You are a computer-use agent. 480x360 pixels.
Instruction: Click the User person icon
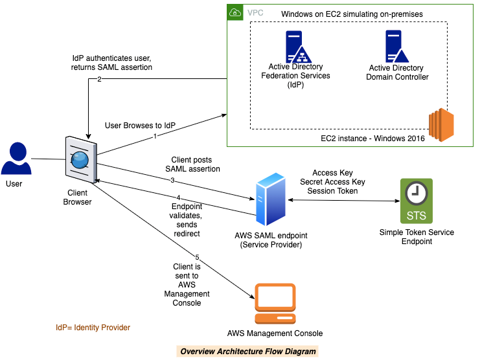(x=16, y=159)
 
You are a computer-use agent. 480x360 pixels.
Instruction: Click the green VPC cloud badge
(x=235, y=12)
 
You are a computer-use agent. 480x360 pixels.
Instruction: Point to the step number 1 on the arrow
(x=155, y=137)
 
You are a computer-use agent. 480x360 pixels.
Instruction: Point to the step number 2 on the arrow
(x=99, y=80)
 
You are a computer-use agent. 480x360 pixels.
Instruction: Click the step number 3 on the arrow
(x=173, y=179)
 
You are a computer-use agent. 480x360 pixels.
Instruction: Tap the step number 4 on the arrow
(x=177, y=198)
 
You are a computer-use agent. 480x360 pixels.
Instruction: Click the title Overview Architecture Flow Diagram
(x=248, y=352)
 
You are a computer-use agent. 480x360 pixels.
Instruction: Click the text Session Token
(x=333, y=191)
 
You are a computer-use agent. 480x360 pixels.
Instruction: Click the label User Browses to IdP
(x=140, y=125)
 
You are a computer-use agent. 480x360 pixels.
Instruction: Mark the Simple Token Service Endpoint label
(x=417, y=237)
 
